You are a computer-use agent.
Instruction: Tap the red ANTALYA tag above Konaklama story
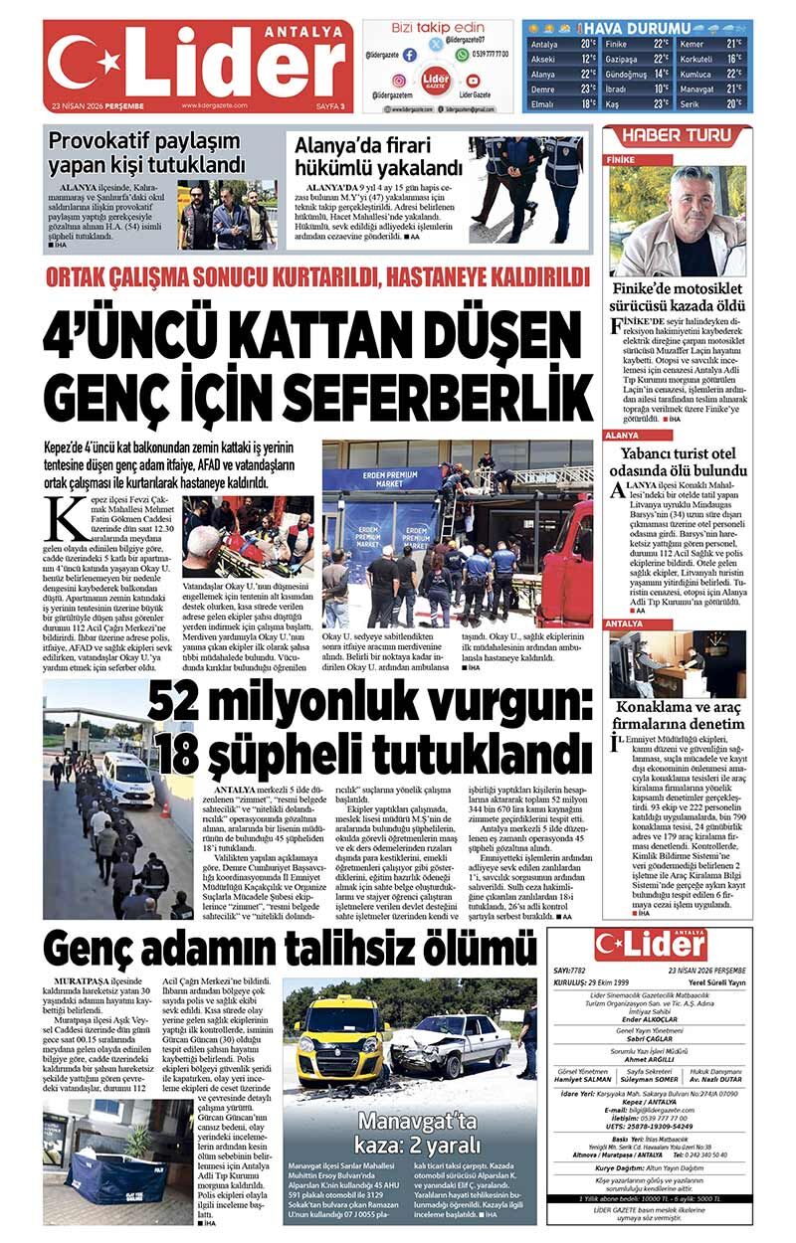point(628,623)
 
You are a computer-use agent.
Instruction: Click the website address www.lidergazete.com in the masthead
point(214,105)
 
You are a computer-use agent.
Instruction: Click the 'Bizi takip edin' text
point(437,28)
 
